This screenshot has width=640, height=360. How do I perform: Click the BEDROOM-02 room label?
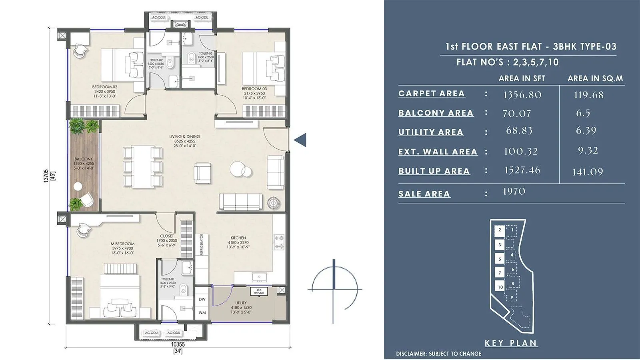click(104, 87)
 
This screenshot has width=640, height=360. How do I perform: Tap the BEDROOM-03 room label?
click(254, 89)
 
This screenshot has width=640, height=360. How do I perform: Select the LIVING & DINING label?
click(184, 137)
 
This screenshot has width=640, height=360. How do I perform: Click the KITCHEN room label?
click(238, 238)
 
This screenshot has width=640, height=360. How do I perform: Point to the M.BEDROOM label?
click(122, 244)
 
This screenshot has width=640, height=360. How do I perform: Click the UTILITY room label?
click(241, 303)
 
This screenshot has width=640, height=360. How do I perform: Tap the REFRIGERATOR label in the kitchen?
click(202, 245)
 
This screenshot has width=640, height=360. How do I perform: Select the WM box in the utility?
click(202, 312)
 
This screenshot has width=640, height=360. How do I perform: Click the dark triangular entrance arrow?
click(300, 140)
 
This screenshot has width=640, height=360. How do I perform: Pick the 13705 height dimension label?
click(46, 176)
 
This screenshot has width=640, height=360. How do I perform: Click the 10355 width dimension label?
click(178, 344)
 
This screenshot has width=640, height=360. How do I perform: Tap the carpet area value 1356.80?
click(522, 95)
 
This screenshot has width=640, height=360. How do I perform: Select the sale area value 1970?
click(514, 192)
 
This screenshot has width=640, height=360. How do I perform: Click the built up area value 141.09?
click(587, 172)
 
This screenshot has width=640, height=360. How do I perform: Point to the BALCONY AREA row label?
click(436, 113)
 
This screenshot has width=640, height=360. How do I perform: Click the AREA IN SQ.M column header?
click(595, 78)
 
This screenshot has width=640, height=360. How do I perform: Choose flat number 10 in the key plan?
click(500, 287)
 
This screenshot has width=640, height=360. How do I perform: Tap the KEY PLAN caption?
click(511, 343)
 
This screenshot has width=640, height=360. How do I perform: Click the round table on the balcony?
click(78, 186)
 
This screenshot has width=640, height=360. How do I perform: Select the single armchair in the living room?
click(202, 173)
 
